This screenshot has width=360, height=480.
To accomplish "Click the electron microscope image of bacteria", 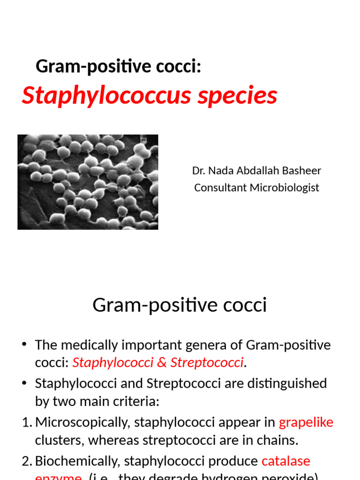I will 88,182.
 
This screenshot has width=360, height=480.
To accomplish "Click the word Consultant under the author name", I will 220,187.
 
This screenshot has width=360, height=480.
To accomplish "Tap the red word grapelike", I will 306,422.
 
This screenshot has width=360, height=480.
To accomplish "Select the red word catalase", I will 285,461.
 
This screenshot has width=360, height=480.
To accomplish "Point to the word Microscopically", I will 82,422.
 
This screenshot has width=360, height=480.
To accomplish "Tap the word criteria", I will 139,401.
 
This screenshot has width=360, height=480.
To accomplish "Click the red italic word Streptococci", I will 207,362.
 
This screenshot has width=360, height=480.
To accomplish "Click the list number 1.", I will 26,422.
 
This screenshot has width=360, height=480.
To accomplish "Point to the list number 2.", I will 26,461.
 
